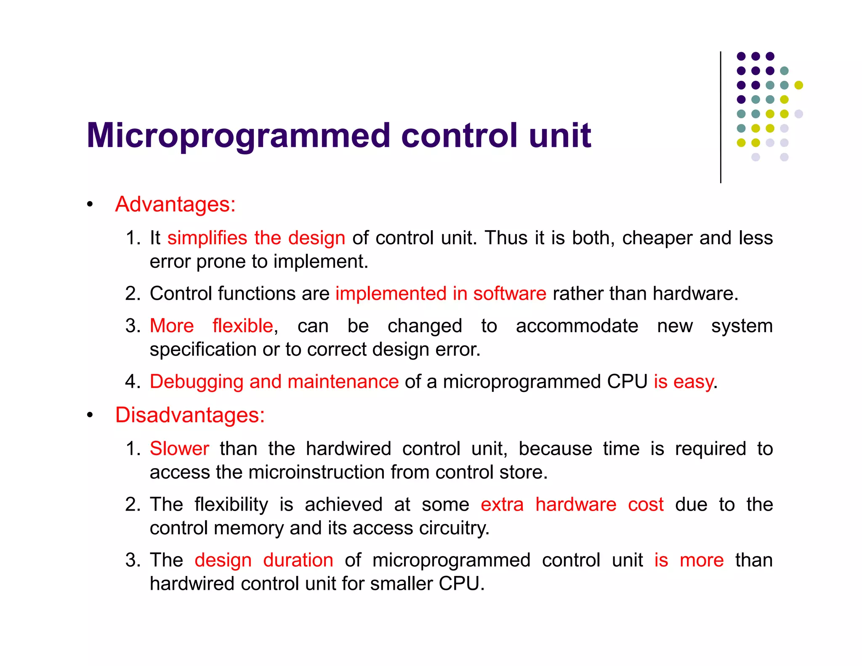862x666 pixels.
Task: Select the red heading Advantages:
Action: tap(175, 204)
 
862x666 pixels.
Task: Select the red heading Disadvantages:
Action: tap(190, 415)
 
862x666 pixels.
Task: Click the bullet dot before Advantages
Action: tap(90, 205)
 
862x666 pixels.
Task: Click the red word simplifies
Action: tap(207, 238)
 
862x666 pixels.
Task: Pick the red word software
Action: tap(509, 293)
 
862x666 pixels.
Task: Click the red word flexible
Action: tap(242, 326)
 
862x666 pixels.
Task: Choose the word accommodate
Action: tap(577, 326)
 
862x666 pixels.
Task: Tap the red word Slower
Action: tap(179, 449)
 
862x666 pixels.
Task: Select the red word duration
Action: tap(298, 560)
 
